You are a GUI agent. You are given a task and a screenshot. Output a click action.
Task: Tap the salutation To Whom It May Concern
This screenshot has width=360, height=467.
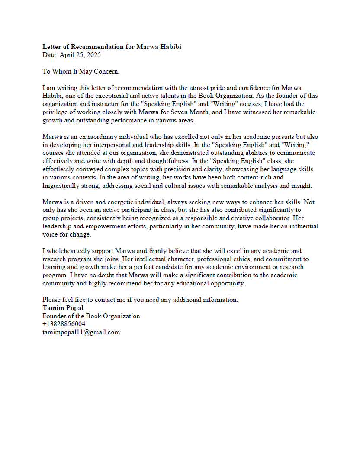81,71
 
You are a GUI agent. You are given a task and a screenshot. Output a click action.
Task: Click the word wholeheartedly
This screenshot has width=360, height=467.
72,251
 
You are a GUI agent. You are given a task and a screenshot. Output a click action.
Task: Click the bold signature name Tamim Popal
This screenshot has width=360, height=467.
63,308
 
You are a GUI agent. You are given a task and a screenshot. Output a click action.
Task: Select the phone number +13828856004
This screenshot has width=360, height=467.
64,324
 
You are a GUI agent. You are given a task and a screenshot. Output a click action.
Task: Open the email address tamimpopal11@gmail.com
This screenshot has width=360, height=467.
81,332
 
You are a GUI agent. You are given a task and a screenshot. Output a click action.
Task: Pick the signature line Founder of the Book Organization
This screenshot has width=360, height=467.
91,316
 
